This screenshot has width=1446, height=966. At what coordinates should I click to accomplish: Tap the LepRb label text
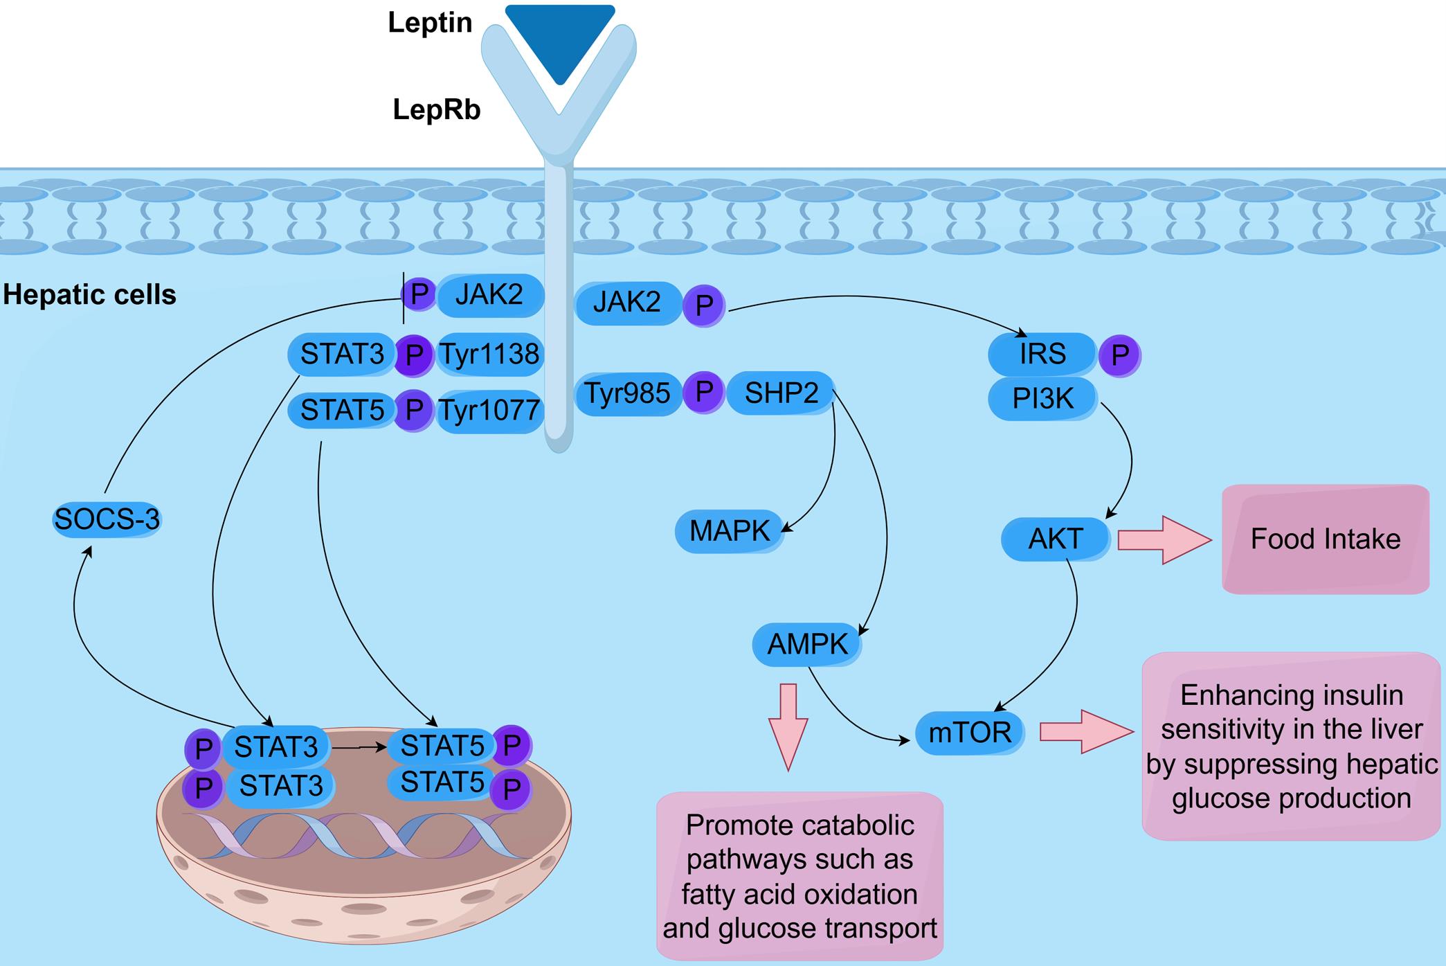436,110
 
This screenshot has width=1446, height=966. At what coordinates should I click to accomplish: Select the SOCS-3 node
107,519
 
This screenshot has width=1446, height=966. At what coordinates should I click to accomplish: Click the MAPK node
729,531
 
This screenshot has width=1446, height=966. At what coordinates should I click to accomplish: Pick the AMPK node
807,645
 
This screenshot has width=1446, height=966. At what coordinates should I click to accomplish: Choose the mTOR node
969,733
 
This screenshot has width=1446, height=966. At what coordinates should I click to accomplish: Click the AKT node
1055,539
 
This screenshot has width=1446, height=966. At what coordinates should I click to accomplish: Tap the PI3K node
1042,399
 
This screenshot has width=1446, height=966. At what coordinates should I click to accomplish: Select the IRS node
1042,354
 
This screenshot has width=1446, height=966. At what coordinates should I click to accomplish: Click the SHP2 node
781,393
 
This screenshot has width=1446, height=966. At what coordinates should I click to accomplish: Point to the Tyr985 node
628,393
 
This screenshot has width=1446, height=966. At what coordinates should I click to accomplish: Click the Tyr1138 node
490,355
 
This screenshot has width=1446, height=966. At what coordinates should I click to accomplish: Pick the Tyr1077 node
490,411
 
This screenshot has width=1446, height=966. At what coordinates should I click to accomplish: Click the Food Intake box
1325,539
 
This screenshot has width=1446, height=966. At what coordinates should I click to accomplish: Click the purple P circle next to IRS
1119,356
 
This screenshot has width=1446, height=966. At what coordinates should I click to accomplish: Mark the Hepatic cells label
89,295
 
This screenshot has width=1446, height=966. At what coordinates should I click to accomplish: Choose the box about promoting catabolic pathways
799,876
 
